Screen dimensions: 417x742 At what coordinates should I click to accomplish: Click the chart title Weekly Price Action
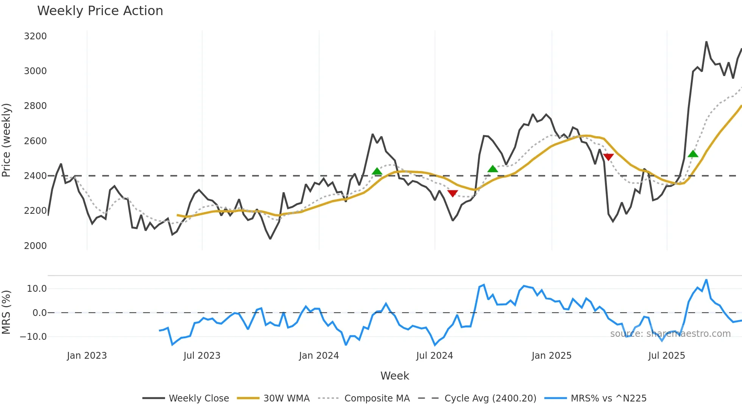[x=100, y=11]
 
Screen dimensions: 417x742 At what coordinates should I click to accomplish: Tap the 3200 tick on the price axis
[x=35, y=36]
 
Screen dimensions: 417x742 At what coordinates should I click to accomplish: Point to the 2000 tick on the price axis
[x=35, y=246]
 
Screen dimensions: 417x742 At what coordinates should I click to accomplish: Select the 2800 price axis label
[x=35, y=106]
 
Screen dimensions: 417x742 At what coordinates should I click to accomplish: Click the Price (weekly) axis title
[x=6, y=140]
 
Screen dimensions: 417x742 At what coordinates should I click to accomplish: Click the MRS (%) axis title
[x=6, y=312]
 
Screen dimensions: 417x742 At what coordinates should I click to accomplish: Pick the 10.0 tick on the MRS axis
[x=36, y=289]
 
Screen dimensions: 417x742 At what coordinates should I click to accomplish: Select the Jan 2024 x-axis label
[x=319, y=356]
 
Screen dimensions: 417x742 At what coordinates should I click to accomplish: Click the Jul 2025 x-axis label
[x=666, y=356]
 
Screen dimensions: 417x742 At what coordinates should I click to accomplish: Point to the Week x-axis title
[x=394, y=376]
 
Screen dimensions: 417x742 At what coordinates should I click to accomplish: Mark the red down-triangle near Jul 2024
[x=452, y=193]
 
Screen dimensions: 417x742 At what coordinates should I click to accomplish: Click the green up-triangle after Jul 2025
[x=693, y=154]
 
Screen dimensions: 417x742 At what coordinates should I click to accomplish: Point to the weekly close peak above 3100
[x=706, y=42]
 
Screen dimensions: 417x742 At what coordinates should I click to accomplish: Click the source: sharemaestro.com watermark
[x=670, y=334]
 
